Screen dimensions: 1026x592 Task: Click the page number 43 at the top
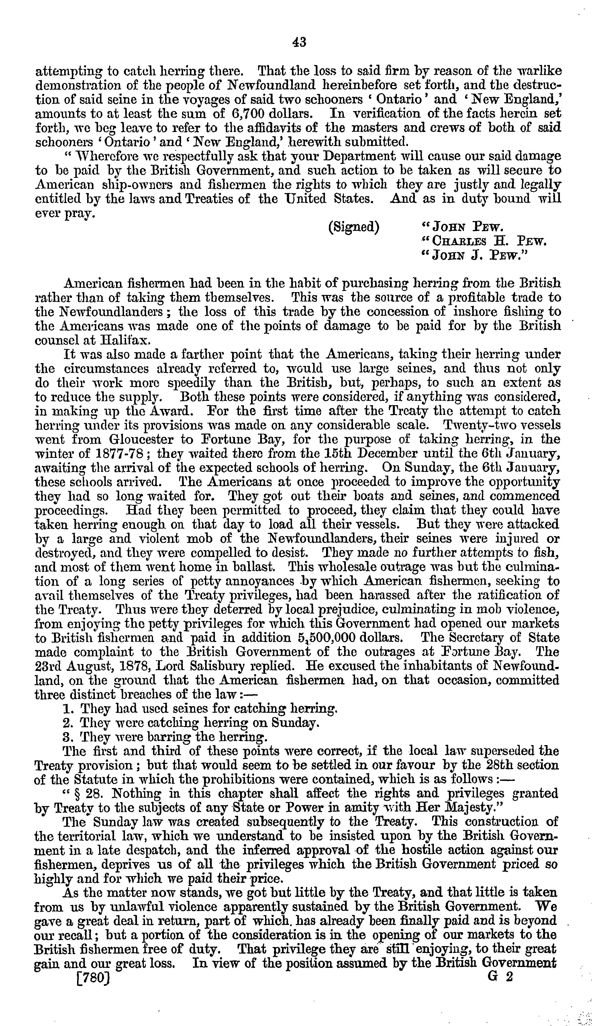click(299, 42)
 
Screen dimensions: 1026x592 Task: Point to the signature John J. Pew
click(475, 256)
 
